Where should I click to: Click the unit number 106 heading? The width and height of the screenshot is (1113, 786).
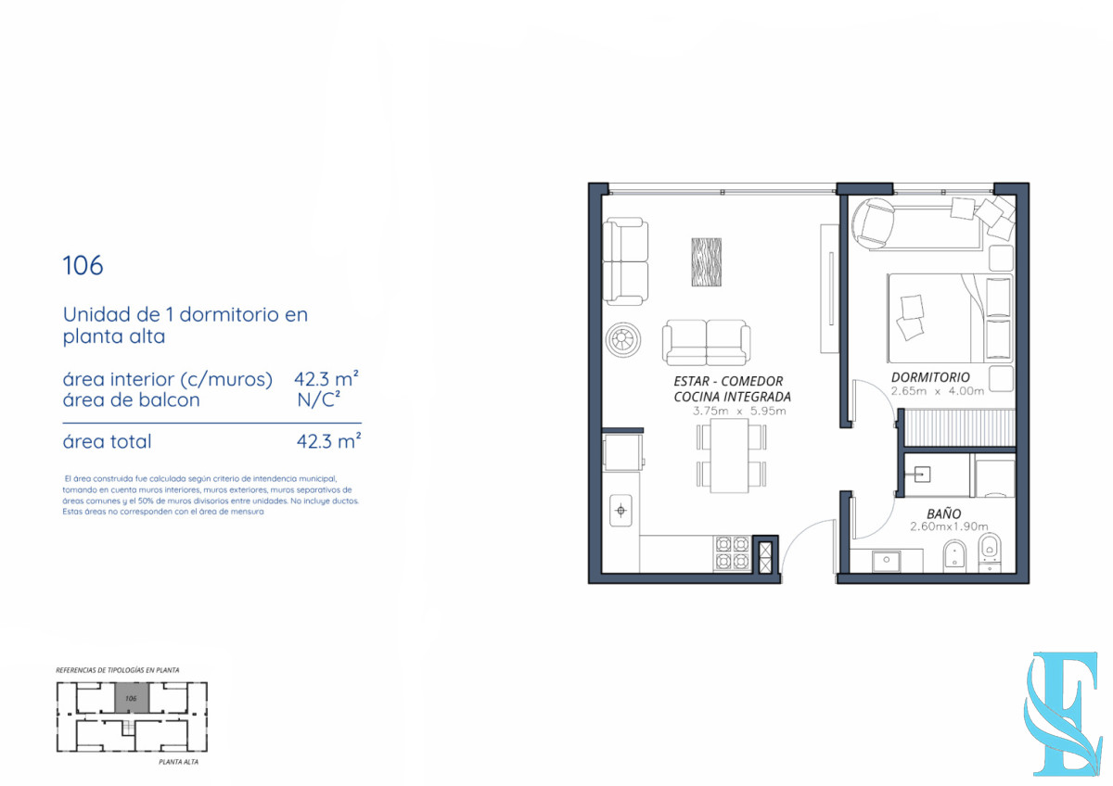click(x=83, y=266)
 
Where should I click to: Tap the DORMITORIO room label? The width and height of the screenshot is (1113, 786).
click(x=930, y=377)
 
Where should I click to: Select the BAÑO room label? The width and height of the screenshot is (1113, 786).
click(x=943, y=513)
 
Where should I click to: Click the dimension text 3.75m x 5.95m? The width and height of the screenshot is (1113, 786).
click(x=739, y=411)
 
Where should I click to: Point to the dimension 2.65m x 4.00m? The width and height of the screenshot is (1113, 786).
click(x=930, y=391)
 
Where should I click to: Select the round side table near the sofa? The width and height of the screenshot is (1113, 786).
click(x=622, y=339)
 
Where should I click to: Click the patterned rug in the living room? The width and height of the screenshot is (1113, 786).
click(x=706, y=262)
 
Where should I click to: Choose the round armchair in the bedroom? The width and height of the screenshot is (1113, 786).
click(x=874, y=223)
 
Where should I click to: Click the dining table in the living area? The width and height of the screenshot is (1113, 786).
click(x=732, y=455)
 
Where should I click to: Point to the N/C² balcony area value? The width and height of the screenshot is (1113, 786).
click(x=318, y=400)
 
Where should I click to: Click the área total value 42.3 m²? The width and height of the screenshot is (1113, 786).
click(x=327, y=442)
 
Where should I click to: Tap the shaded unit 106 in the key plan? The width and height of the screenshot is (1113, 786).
click(x=130, y=698)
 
